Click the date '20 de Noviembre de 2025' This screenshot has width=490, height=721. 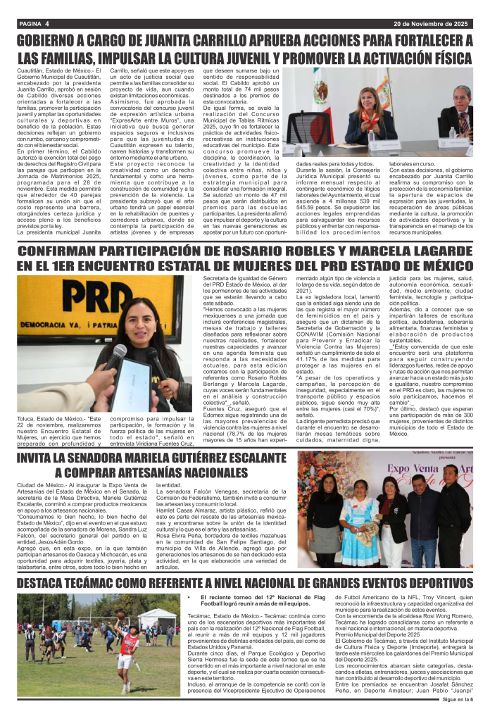pos(429,24)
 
